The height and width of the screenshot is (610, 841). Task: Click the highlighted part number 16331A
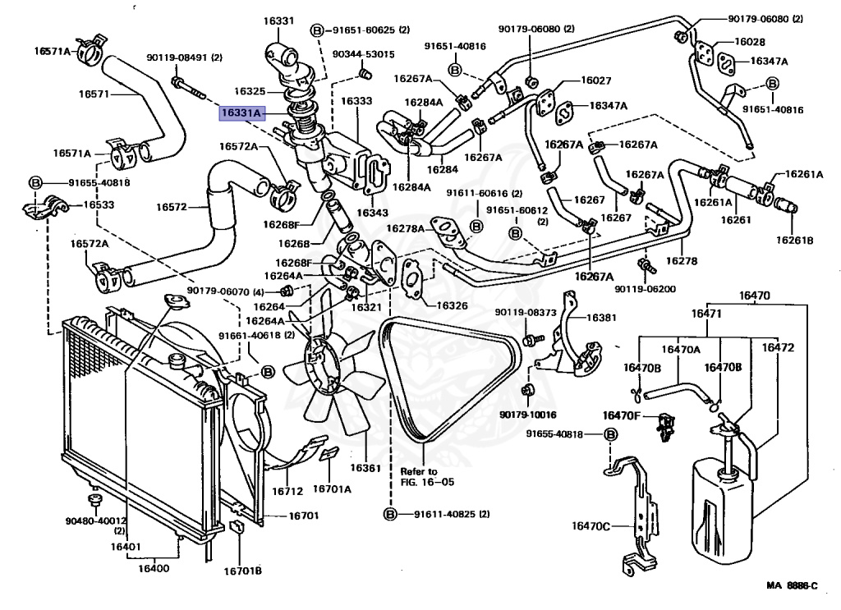241,112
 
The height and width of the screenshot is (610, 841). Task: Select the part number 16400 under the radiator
153,568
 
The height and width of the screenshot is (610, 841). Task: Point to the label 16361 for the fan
365,468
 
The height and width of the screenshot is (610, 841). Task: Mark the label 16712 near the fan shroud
287,491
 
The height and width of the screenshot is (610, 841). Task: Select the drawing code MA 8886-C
792,585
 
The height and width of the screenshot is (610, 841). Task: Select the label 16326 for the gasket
452,305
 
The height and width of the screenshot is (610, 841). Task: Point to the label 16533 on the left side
97,205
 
